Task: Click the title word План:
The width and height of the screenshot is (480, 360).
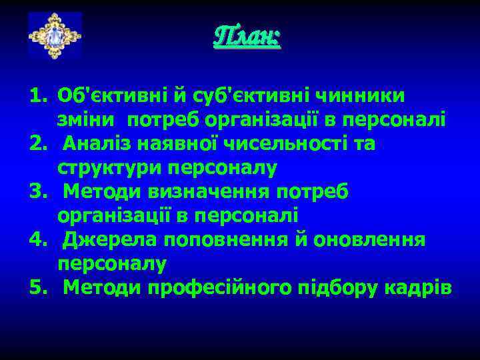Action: click(247, 36)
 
